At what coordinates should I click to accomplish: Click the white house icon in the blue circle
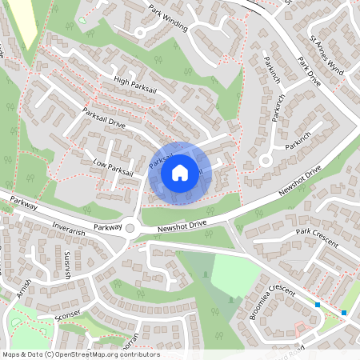[180, 172]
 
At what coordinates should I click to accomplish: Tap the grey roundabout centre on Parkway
[130, 228]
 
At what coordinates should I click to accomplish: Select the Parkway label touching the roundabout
[106, 227]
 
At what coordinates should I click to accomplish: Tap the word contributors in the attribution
[139, 354]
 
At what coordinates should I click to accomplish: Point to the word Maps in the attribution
[11, 354]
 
